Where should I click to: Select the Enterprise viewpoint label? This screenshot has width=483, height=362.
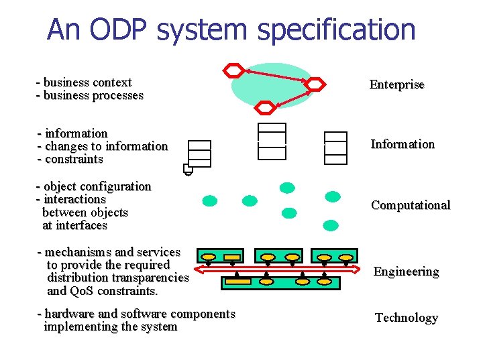(x=396, y=84)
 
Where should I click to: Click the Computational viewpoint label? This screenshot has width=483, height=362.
(x=411, y=205)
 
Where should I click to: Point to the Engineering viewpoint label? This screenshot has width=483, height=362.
(x=406, y=271)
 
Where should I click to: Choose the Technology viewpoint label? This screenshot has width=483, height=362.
(x=406, y=318)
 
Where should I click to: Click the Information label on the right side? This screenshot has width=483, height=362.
(x=402, y=144)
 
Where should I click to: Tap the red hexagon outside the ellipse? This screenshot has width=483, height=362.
(x=233, y=70)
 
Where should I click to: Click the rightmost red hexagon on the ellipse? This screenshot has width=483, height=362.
(x=315, y=84)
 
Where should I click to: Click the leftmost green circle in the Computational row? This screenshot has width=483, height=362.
(x=210, y=200)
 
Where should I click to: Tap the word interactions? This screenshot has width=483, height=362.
(x=74, y=199)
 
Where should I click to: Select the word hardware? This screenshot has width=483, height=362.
(x=70, y=314)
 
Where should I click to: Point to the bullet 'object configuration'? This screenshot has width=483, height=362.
(x=97, y=186)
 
